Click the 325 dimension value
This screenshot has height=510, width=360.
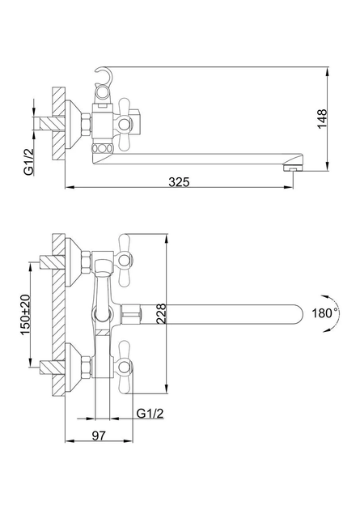point(179,182)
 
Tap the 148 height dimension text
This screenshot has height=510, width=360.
point(322,119)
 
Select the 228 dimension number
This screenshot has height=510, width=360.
point(161,313)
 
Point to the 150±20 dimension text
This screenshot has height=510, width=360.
point(25,315)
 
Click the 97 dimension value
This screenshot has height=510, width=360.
point(99,436)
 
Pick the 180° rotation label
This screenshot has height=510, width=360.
point(325,313)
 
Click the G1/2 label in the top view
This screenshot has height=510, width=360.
point(28,162)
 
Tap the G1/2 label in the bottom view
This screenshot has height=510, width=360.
point(150,414)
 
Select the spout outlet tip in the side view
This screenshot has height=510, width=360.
point(293,168)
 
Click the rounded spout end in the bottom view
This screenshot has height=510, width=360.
point(299,314)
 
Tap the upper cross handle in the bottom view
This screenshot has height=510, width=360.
point(125,260)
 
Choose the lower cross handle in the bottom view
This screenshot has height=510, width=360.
point(125,368)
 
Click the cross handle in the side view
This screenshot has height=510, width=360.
point(125,124)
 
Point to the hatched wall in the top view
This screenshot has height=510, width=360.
point(58,124)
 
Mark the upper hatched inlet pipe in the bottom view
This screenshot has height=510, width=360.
point(52,262)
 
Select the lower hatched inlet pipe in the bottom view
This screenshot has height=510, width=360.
point(52,367)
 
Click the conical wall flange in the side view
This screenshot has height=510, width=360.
point(74,124)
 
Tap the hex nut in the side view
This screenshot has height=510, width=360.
point(86,124)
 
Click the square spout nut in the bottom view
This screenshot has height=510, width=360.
point(132,314)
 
